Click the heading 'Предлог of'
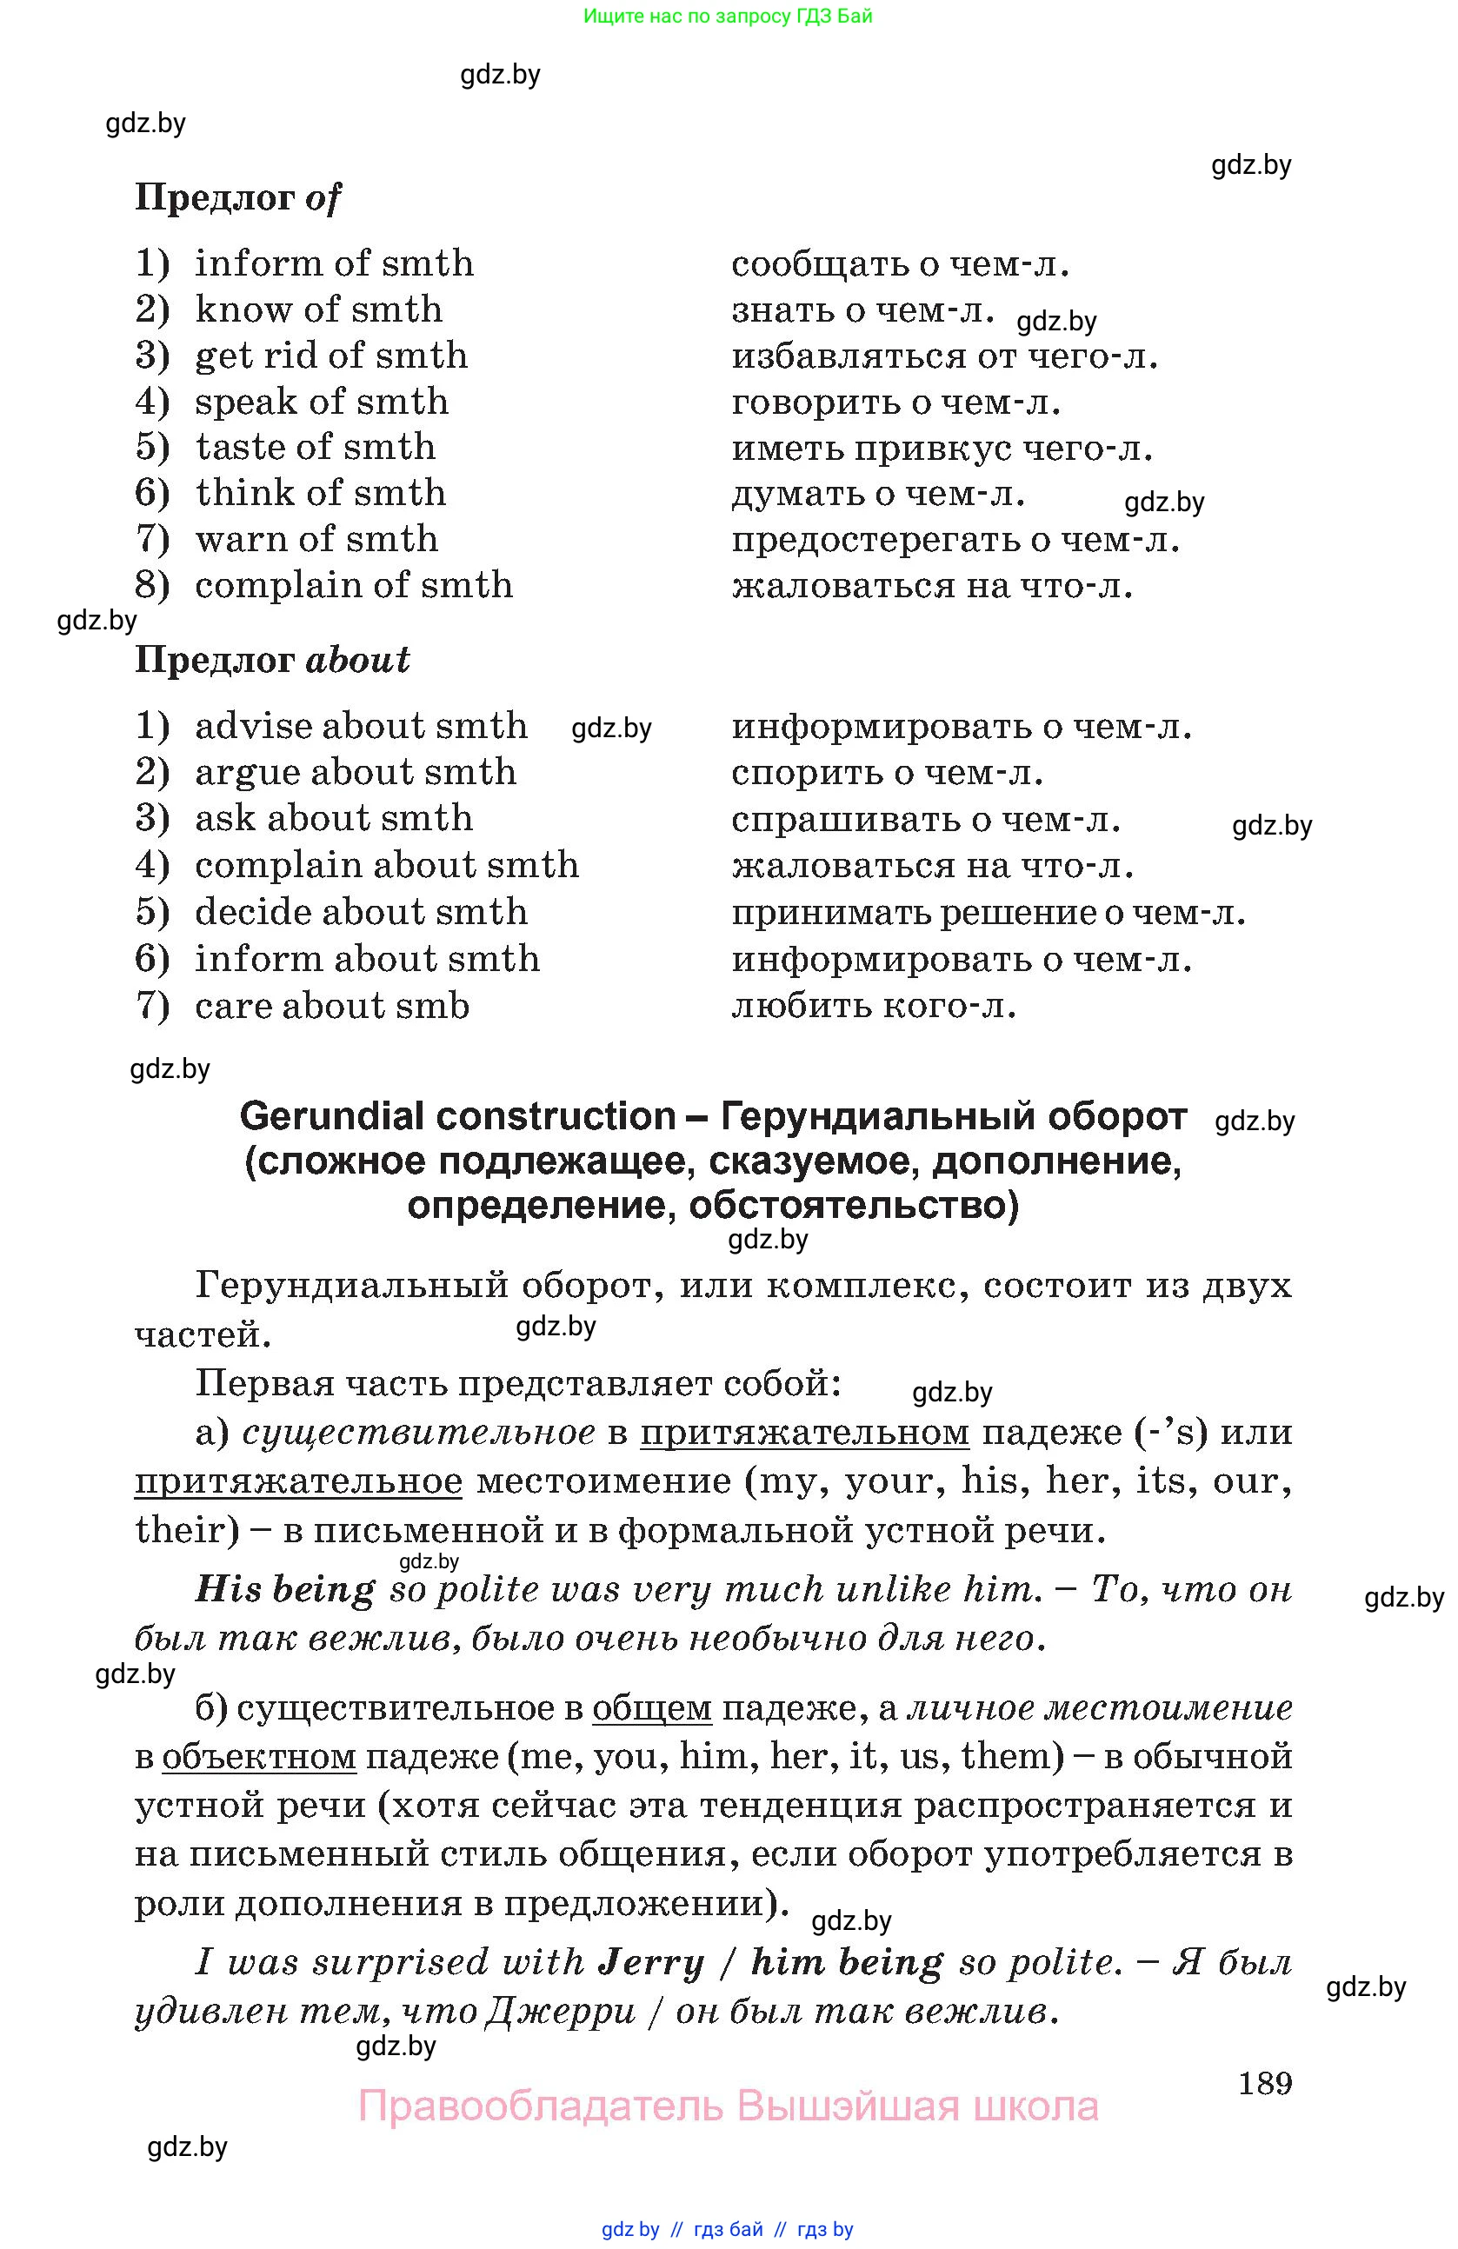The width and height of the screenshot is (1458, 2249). [237, 197]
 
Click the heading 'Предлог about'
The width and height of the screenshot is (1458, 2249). [272, 660]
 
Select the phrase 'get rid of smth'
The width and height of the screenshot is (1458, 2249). [330, 356]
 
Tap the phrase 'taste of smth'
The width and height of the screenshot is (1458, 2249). [316, 447]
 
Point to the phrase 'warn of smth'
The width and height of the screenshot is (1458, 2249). [316, 540]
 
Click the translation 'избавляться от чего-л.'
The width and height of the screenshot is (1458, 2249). [944, 356]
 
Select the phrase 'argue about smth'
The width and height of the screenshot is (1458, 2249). [356, 772]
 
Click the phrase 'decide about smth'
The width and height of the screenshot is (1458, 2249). [361, 912]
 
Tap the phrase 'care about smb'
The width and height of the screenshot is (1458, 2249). [331, 1006]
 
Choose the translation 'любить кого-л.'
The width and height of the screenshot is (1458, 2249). [873, 1006]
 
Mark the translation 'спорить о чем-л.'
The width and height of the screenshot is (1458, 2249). [886, 773]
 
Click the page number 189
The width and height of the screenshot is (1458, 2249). [1264, 2082]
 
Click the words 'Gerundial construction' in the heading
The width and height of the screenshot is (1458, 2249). [457, 1116]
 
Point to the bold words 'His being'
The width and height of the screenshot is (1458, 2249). [284, 1589]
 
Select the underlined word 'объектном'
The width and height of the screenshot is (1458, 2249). [259, 1757]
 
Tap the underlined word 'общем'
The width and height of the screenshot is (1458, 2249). [652, 1707]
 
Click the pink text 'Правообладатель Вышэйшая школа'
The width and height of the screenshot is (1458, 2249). [728, 2106]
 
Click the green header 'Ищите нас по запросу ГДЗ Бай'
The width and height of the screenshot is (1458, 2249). [728, 16]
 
